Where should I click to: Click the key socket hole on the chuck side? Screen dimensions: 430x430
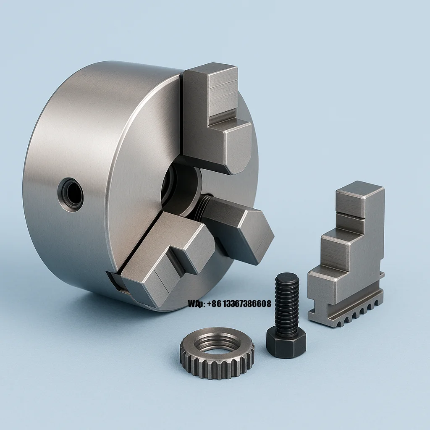coord(71,194)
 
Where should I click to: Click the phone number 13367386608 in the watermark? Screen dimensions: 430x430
coord(245,304)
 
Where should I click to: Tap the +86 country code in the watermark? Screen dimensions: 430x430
coord(212,304)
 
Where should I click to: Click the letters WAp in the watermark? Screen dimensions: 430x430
coord(196,304)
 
